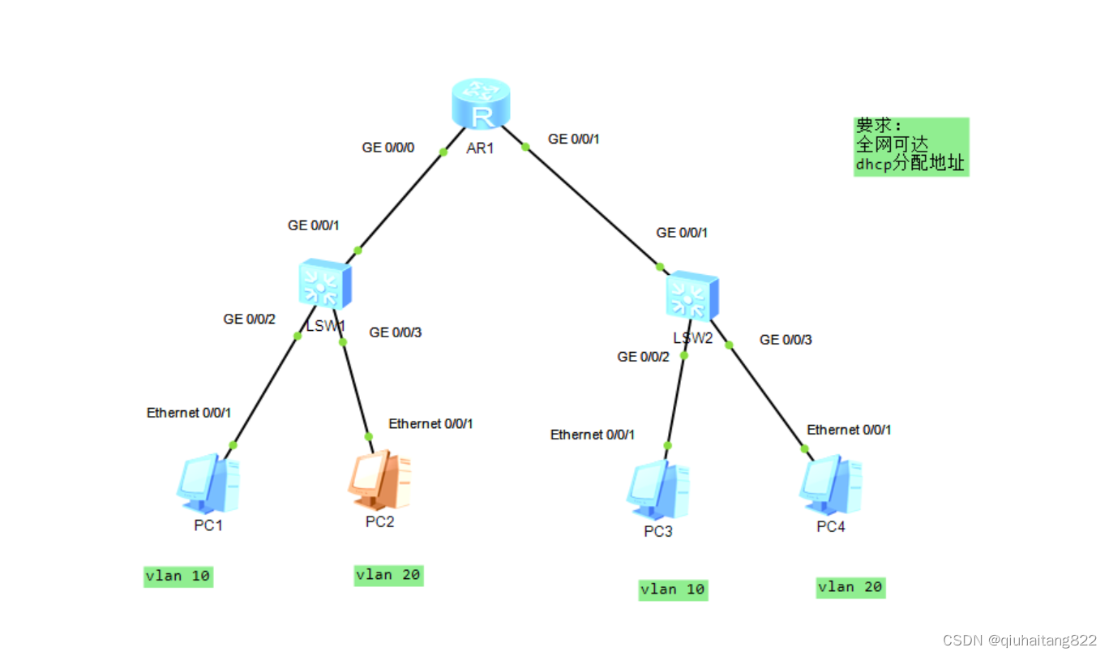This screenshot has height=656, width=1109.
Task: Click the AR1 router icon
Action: tap(481, 105)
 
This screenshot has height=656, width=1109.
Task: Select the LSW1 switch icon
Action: tap(324, 284)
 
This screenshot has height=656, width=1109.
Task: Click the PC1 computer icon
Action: tap(208, 484)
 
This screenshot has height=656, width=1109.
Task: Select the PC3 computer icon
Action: tap(657, 491)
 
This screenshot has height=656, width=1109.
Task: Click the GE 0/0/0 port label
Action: tap(388, 148)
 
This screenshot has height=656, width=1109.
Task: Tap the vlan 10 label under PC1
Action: tap(178, 577)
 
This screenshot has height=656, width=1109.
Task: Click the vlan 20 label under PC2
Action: tap(388, 575)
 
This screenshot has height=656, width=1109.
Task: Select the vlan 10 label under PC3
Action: tap(673, 590)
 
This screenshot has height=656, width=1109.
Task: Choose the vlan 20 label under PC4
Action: tap(850, 587)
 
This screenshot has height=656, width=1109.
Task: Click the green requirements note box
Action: tap(911, 146)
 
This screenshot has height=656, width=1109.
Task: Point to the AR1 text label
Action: tap(480, 149)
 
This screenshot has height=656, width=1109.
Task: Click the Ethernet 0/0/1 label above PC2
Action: tap(430, 423)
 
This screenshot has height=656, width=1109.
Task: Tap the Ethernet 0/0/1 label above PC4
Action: tap(849, 430)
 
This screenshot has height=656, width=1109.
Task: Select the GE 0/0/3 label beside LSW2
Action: tap(785, 340)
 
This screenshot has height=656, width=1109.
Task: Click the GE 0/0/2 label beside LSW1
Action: tap(249, 319)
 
